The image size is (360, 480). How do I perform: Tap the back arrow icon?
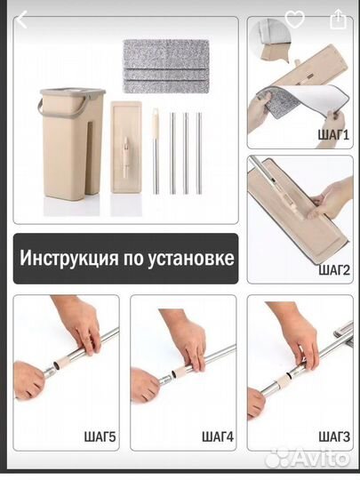coord(21,20)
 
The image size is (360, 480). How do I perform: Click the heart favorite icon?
coord(294,19)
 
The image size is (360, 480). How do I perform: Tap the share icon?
coord(338,19)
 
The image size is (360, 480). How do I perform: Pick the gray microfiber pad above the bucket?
coord(165,65)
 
